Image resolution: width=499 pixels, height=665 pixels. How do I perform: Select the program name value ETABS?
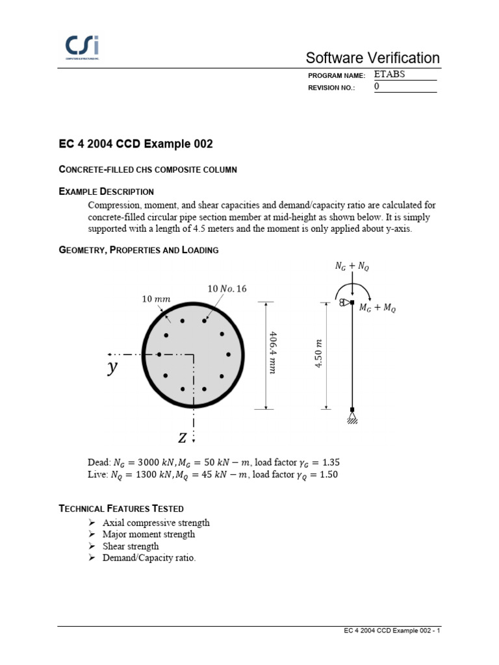pos(390,75)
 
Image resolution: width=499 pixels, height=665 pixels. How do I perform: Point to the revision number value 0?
pos(377,87)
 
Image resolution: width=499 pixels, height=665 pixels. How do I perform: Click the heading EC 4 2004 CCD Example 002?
pos(136,144)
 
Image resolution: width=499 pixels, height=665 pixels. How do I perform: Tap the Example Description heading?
pos(106,191)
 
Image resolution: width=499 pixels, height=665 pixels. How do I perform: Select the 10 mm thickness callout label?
pos(155,299)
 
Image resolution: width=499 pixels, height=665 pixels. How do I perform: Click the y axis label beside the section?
pos(113,368)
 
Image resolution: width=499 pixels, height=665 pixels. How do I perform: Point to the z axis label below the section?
pos(183,438)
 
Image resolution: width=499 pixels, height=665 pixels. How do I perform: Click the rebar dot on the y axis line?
pos(159,355)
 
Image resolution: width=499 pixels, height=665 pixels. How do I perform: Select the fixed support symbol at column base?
pos(352,414)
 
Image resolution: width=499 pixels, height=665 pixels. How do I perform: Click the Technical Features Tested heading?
pos(121,508)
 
